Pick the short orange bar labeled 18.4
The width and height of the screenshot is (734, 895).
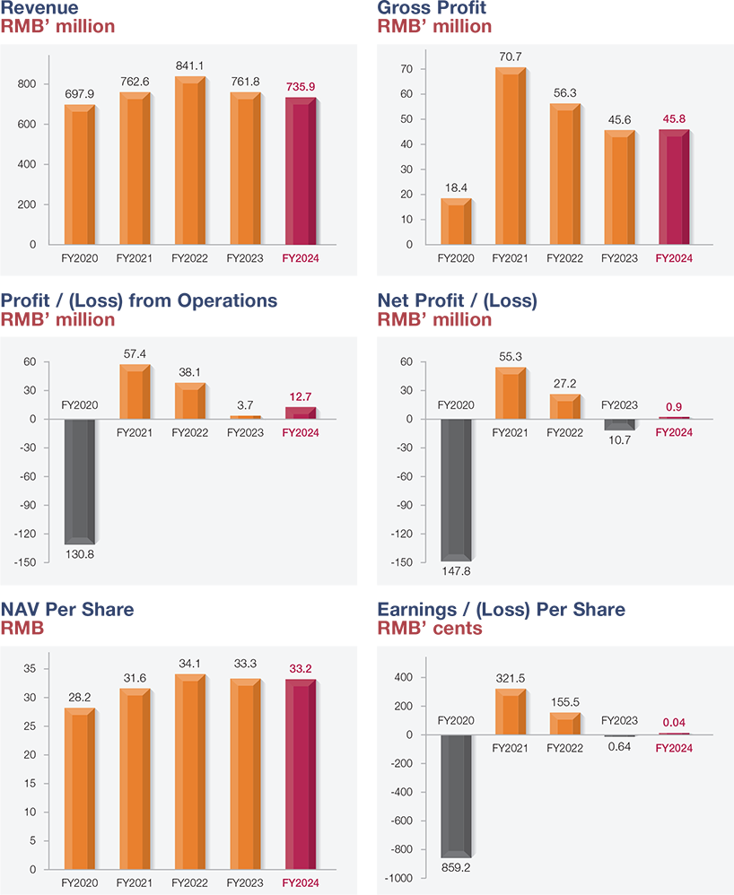pos(455,222)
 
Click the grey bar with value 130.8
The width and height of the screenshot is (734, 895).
pos(79,482)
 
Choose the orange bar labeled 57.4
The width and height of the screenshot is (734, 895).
pos(135,392)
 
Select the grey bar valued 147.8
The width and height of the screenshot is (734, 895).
pos(455,490)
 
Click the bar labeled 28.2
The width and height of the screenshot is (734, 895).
pos(79,789)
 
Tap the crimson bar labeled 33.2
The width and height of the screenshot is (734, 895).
pos(301,775)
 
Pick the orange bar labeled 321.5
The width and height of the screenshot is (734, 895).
pos(510,712)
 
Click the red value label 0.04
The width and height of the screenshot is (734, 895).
pos(674,722)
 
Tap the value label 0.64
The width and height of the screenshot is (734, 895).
pos(619,746)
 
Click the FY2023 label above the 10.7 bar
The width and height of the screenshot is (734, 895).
pos(619,404)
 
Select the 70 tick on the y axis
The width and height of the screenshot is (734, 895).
pos(406,69)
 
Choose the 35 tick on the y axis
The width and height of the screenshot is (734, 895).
pos(30,669)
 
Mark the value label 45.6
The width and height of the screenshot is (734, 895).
pos(619,120)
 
